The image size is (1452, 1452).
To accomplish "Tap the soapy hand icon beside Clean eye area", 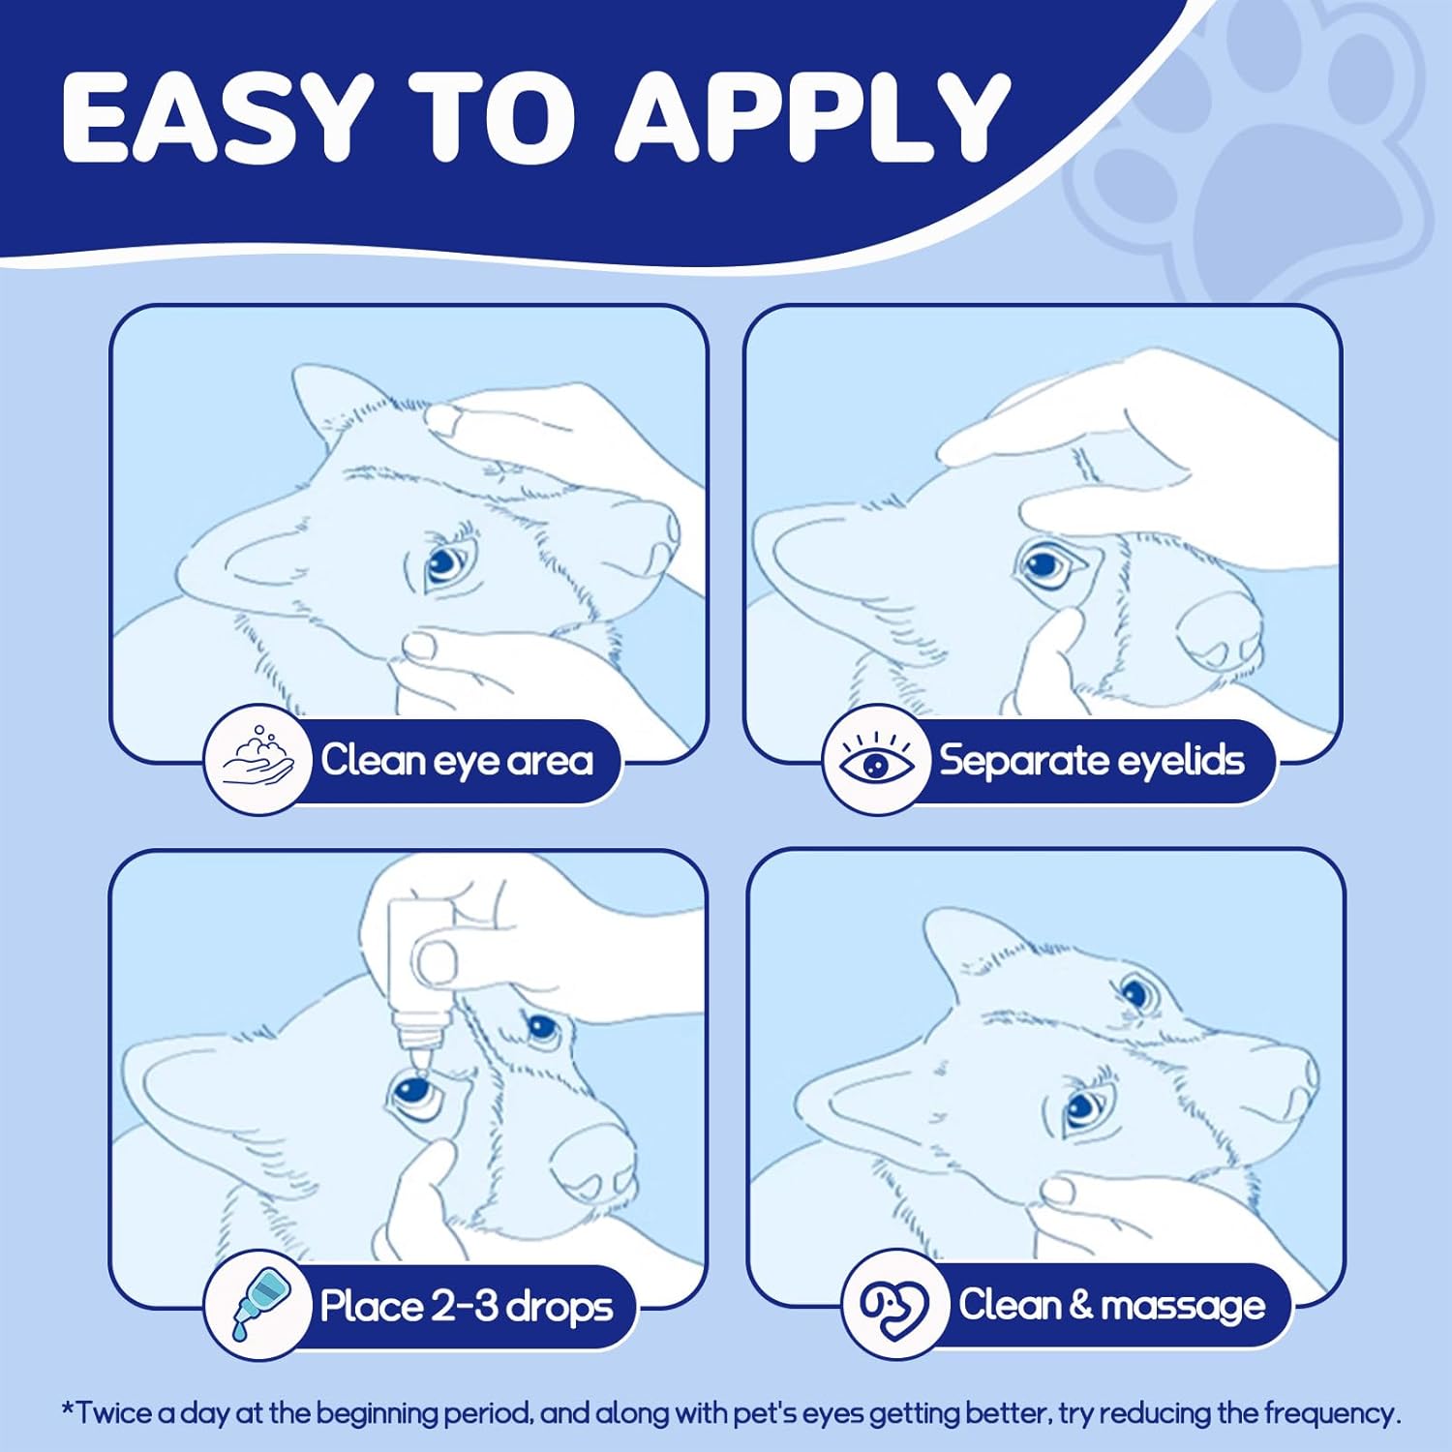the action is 257,760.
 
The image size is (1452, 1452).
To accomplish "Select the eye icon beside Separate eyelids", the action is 877,760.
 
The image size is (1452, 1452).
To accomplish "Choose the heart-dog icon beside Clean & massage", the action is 894,1305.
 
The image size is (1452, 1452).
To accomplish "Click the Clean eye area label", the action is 457,761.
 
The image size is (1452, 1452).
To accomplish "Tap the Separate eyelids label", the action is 1092,761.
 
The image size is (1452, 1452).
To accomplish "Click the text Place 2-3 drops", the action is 467,1307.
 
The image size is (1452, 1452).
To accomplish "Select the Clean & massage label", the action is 1112,1306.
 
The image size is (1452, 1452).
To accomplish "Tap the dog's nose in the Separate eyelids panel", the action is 1218,628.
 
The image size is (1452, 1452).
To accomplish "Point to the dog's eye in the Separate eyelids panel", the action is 1045,566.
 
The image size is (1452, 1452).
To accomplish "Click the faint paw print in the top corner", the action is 1258,155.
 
